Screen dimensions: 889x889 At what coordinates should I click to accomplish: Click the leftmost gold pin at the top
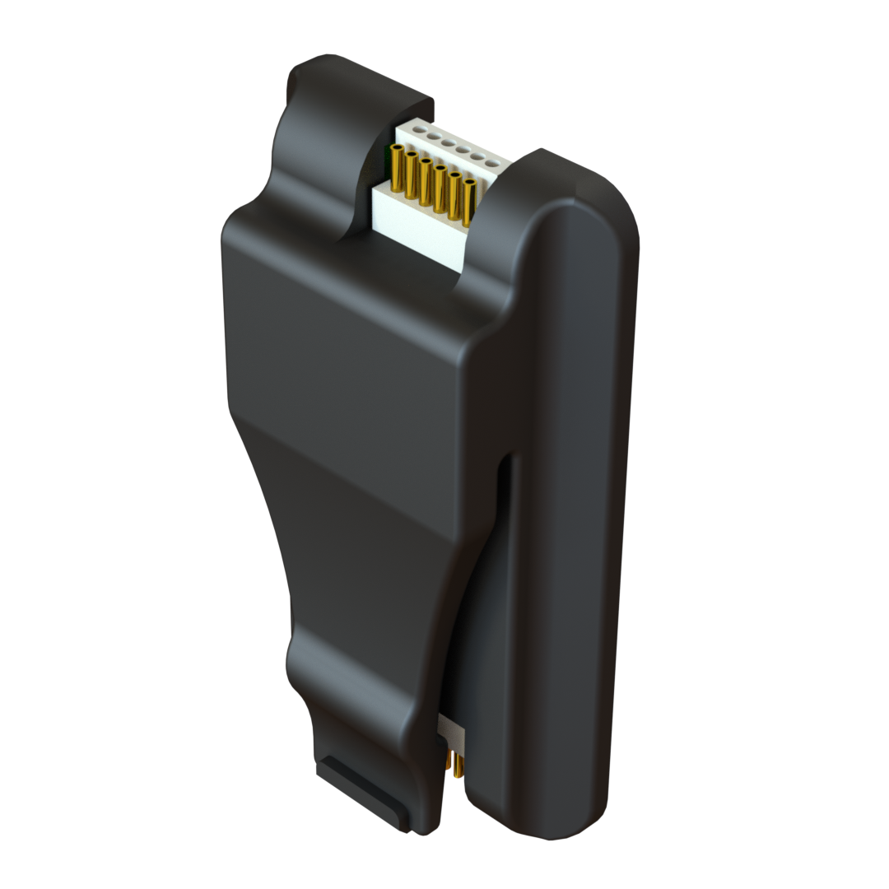pos(397,168)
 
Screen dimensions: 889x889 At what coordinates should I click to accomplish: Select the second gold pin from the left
pos(411,175)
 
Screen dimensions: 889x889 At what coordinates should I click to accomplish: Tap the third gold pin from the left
pos(425,182)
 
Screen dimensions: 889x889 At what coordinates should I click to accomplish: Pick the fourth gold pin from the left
pos(440,189)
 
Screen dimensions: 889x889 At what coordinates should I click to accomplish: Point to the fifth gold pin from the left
pos(454,196)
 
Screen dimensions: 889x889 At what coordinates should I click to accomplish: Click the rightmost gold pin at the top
pos(468,203)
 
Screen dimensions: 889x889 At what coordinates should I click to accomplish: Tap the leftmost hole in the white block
pos(419,129)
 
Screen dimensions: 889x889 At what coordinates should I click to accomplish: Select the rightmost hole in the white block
pos(491,163)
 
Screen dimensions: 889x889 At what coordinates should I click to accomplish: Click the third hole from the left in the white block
pos(448,143)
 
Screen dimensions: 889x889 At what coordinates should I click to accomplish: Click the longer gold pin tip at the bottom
pos(457,766)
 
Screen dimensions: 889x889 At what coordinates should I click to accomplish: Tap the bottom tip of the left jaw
pos(424,827)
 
